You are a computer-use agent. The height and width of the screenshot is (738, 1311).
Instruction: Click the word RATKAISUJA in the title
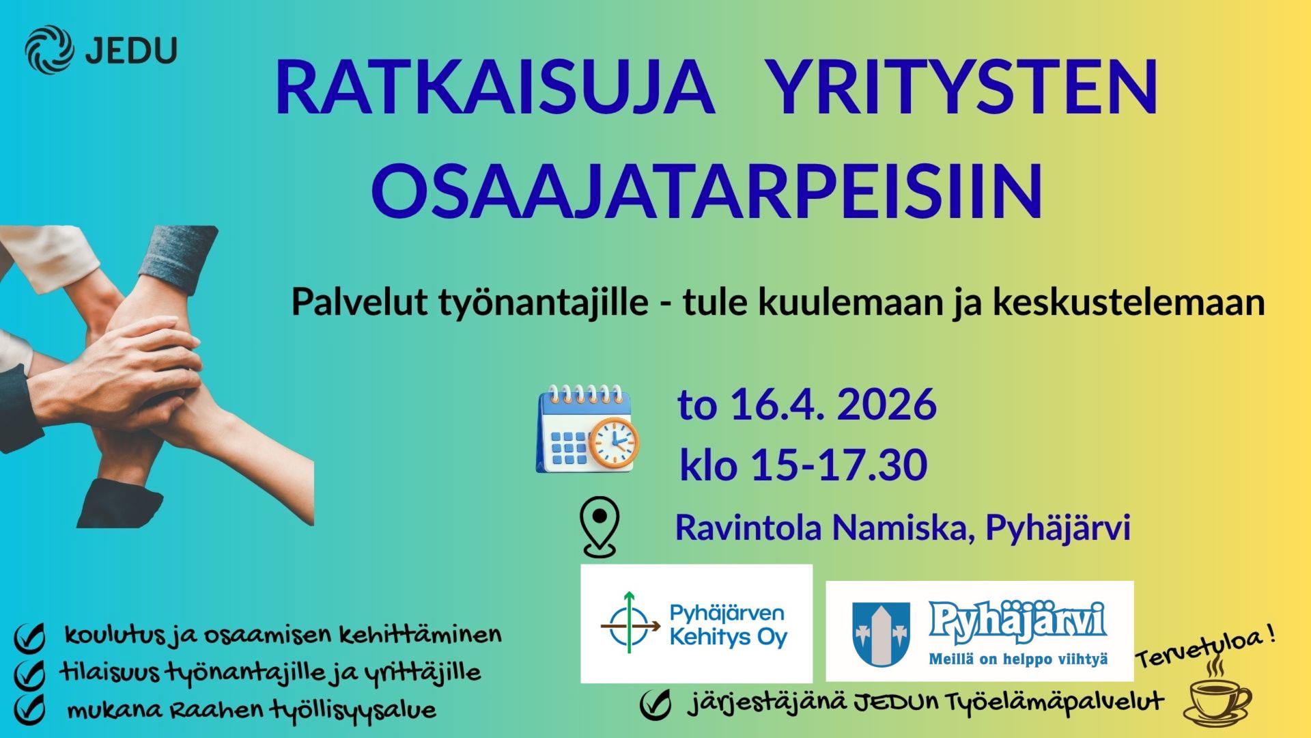click(x=495, y=89)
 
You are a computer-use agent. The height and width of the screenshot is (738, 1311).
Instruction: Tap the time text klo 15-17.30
click(x=803, y=465)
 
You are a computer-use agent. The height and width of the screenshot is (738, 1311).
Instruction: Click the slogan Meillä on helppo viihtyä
click(x=1017, y=660)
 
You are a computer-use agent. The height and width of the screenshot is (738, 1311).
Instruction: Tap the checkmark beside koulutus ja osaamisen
click(x=29, y=638)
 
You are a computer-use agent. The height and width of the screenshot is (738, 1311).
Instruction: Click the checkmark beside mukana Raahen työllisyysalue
click(x=29, y=709)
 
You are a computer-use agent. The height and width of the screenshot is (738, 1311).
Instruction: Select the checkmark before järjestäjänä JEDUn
click(x=655, y=705)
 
